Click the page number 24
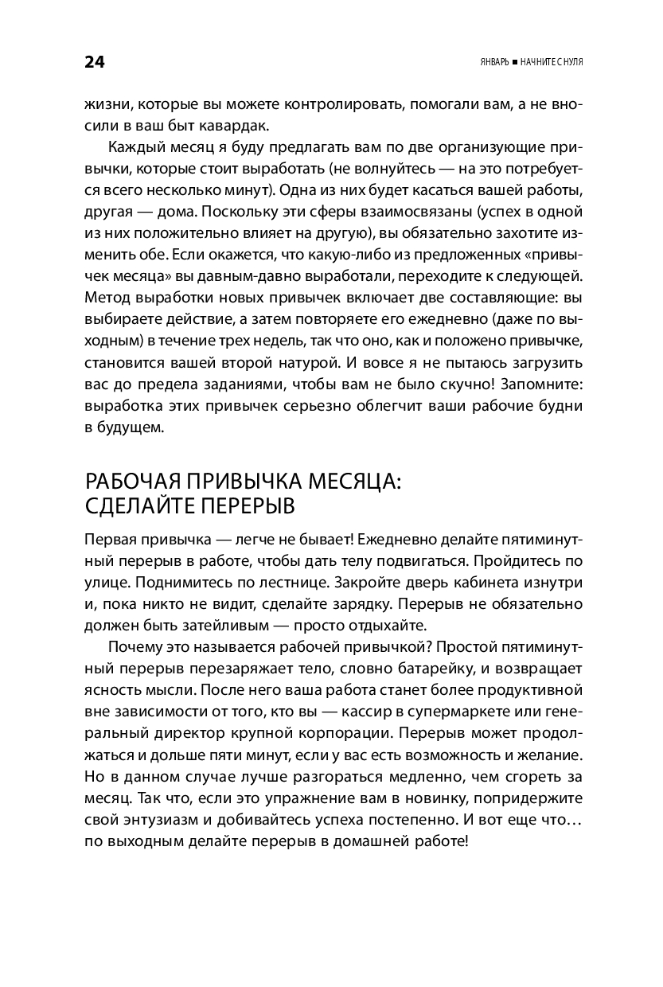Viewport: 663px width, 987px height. pyautogui.click(x=94, y=62)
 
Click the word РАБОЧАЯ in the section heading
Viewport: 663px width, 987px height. pyautogui.click(x=132, y=482)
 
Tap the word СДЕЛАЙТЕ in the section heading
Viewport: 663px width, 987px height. pyautogui.click(x=135, y=506)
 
